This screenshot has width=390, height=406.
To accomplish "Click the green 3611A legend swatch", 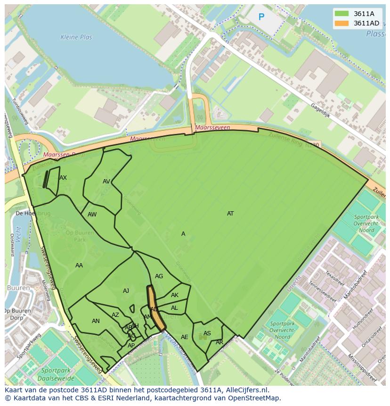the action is click(x=342, y=14).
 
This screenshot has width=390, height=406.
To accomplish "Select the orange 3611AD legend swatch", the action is click(x=342, y=23).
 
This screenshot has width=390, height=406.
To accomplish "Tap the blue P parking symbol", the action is click(x=261, y=17).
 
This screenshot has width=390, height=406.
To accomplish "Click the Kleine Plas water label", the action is click(x=76, y=37).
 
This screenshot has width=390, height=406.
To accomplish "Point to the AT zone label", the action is click(x=230, y=214).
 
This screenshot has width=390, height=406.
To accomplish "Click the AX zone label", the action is click(x=63, y=178).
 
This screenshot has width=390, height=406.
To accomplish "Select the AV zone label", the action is click(x=106, y=182).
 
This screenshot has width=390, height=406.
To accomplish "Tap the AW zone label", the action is click(x=92, y=215).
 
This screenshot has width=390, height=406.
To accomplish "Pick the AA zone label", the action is click(x=79, y=265).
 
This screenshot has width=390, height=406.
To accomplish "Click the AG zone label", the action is click(x=159, y=276).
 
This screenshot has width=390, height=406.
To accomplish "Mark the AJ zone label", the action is click(x=126, y=291).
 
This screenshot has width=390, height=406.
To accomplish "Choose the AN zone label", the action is click(x=96, y=321).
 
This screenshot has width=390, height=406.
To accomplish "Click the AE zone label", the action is click(x=185, y=337).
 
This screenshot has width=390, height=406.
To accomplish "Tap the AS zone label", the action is click(x=207, y=333).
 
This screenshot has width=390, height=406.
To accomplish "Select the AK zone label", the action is click(x=175, y=295).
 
